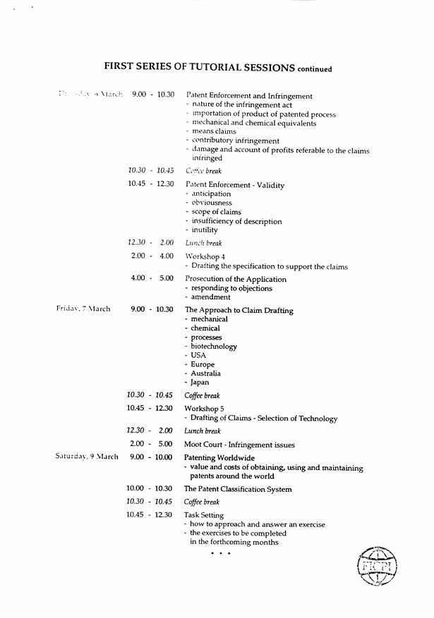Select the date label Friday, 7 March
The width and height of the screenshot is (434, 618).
click(x=83, y=309)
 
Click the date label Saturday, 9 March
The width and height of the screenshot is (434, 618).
click(x=87, y=457)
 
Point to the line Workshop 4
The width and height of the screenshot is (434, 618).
click(x=205, y=257)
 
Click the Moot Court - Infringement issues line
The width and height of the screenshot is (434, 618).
click(x=239, y=445)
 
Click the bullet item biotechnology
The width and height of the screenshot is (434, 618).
click(x=214, y=346)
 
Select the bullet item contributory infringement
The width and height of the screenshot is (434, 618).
click(x=235, y=141)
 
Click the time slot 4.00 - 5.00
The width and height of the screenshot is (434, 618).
click(x=152, y=278)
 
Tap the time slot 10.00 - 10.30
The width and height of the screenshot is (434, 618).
click(x=150, y=488)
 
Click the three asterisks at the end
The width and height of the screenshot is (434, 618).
click(x=220, y=554)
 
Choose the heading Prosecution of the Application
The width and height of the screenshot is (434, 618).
click(x=236, y=279)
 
